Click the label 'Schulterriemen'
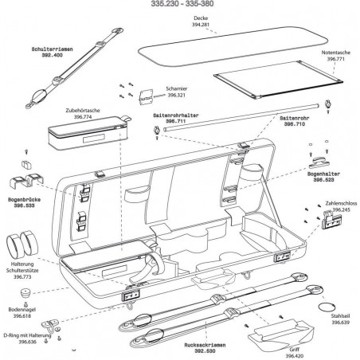pos(52,49)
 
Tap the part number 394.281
pos(201,25)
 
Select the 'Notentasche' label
pos(336,53)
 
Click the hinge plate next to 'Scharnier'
pos(146,96)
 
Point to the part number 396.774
pos(83,116)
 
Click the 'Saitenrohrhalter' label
pos(176,115)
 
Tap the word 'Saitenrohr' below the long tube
pos(295,119)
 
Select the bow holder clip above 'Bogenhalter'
pos(319,162)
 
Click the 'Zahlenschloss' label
pos(341,204)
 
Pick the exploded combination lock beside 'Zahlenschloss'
pos(331,219)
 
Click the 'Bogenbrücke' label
pos(25,200)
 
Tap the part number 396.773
pos(22,276)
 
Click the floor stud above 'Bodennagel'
pos(25,293)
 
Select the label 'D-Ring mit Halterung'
pos(27,335)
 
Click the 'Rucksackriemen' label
pos(205,345)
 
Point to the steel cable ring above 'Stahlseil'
pos(327,307)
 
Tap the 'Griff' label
pos(295,350)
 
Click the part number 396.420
pos(295,356)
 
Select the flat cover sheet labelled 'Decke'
pos(233,45)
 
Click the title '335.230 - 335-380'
pos(182,3)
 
